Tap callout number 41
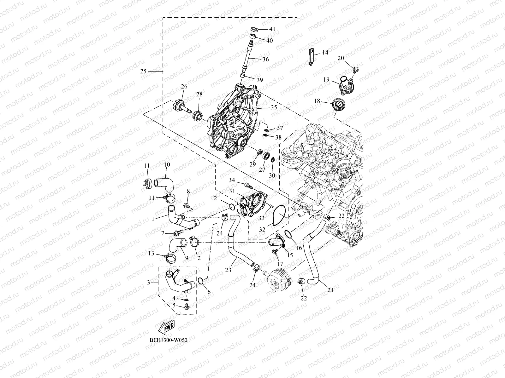(x=272, y=29)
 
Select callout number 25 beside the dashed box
(x=143, y=72)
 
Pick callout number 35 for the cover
(x=274, y=107)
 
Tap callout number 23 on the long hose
(x=228, y=270)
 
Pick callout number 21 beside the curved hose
(x=330, y=290)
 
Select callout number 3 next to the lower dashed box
(x=149, y=283)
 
